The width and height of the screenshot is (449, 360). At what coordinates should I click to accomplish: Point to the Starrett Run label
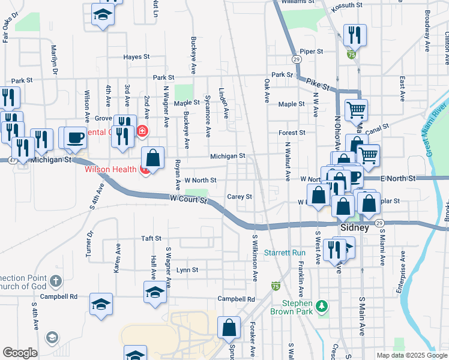285,253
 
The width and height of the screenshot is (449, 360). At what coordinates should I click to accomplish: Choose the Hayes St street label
136,57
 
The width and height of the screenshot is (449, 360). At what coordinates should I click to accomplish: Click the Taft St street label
151,238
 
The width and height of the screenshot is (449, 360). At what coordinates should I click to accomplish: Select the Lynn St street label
187,270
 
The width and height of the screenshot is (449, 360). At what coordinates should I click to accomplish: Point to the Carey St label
240,196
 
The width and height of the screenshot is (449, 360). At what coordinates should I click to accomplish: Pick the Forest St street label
292,133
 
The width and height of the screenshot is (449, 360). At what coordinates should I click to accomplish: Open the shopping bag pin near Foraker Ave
229,328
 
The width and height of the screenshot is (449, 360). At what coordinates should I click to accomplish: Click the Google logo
20,353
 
